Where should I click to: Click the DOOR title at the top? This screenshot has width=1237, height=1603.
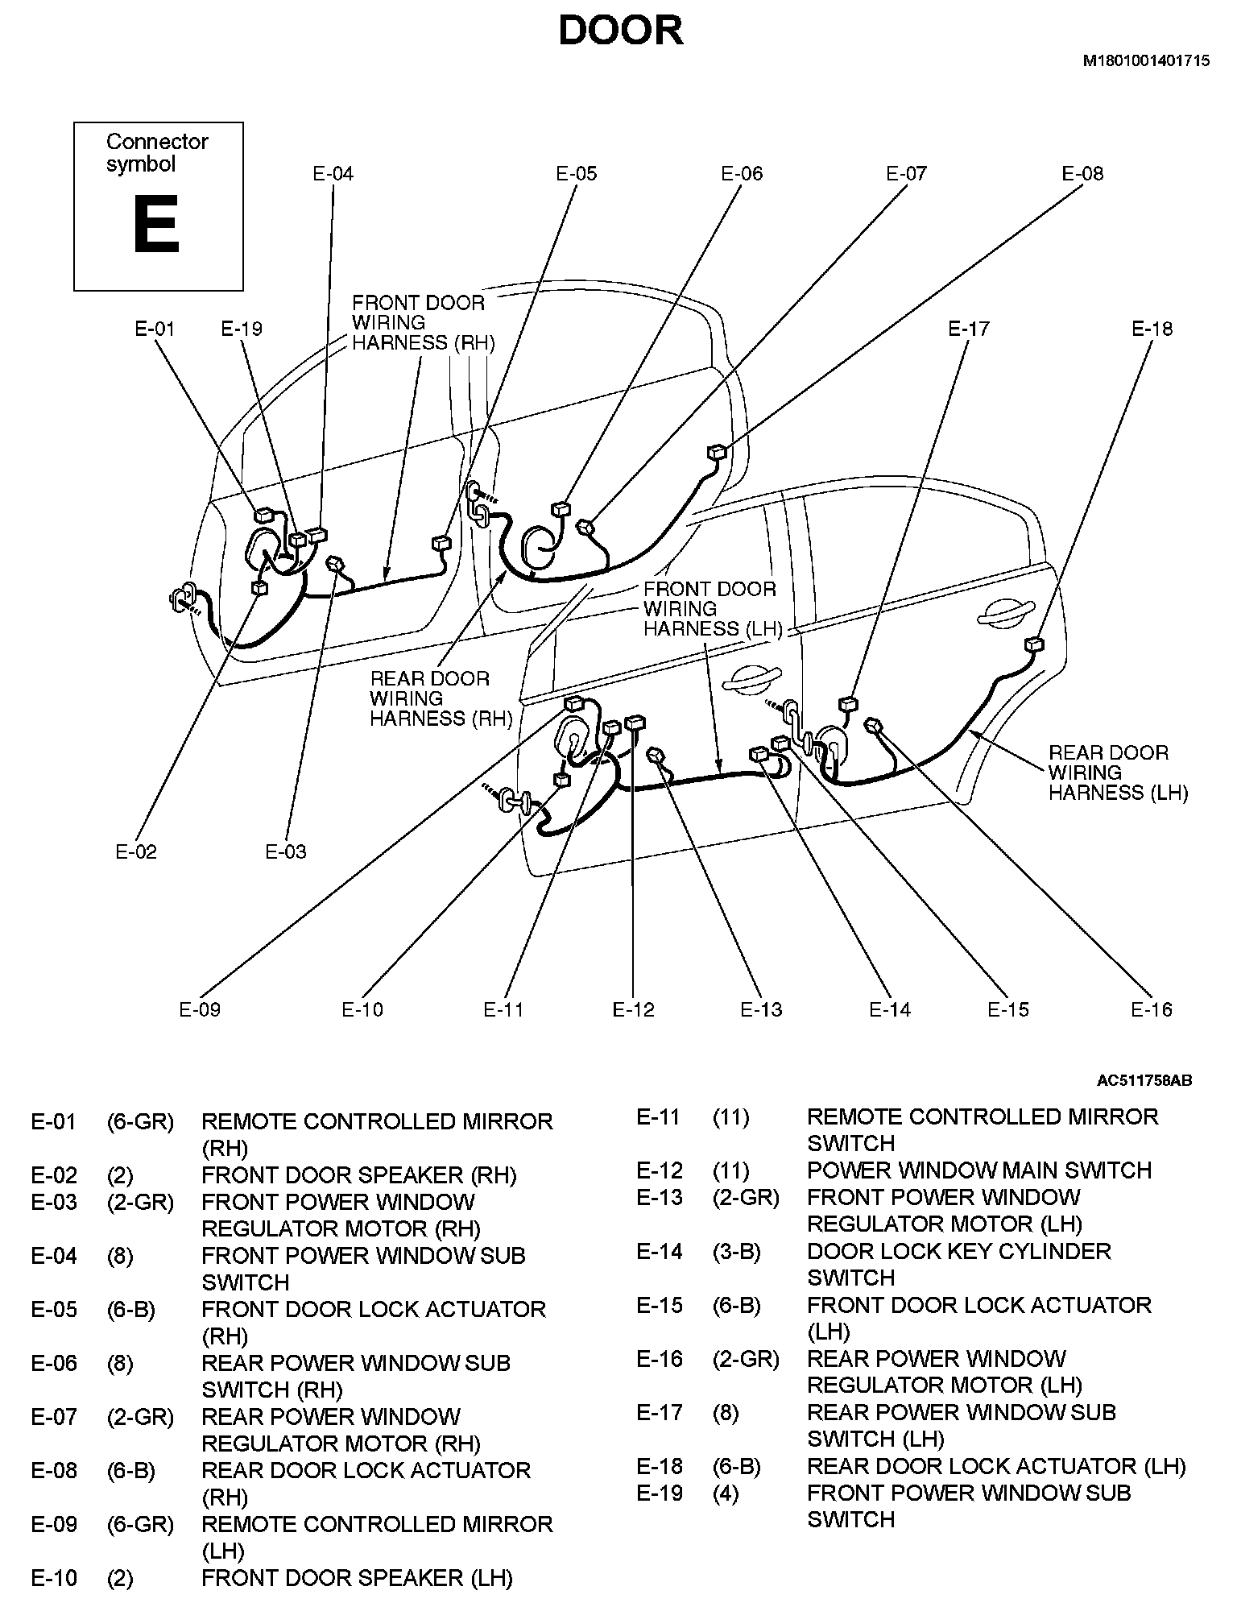[x=621, y=32]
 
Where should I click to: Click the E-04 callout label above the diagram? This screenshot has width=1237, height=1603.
[x=333, y=173]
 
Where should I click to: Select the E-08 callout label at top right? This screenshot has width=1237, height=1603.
[x=1082, y=173]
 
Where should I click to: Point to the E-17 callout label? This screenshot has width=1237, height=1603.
[x=968, y=329]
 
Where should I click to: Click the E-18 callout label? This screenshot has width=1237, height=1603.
[x=1152, y=329]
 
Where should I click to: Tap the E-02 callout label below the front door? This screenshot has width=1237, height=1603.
[x=136, y=851]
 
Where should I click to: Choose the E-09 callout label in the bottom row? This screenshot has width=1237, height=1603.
[x=200, y=1009]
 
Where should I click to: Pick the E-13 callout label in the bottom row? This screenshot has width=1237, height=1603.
[x=761, y=1009]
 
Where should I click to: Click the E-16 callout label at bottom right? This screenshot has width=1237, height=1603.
[x=1152, y=1009]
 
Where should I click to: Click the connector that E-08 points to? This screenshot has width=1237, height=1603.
[x=716, y=452]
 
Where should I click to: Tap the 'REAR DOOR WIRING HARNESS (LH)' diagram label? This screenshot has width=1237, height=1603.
[x=1118, y=773]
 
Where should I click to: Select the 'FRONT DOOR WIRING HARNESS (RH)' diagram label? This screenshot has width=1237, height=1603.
[x=423, y=323]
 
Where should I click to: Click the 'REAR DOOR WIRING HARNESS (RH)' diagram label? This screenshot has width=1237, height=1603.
[x=441, y=698]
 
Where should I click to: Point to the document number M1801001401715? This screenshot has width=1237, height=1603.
[x=1145, y=60]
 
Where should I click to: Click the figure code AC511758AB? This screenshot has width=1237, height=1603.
[x=1144, y=1080]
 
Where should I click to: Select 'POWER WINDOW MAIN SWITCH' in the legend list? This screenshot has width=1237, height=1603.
[x=979, y=1170]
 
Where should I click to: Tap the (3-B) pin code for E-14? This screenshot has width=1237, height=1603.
[x=736, y=1251]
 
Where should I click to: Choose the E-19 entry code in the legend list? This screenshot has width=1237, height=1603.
[x=660, y=1493]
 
